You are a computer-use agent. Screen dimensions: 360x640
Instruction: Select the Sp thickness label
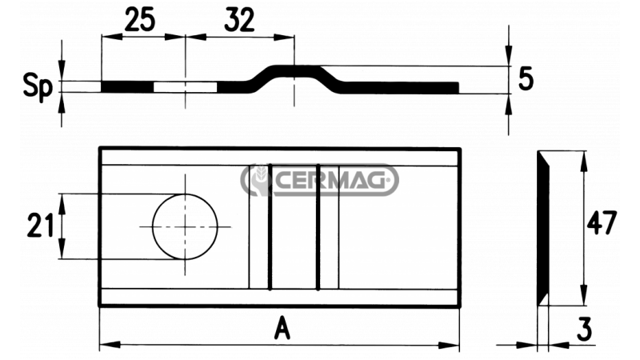[37, 86]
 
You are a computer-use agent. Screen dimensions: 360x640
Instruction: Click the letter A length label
[279, 328]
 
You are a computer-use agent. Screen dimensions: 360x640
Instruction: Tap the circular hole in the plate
[185, 226]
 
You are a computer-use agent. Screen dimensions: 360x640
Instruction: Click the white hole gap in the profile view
[185, 86]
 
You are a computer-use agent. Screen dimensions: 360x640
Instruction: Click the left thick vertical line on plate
[270, 226]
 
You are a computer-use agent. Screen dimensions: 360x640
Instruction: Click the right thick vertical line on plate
[318, 226]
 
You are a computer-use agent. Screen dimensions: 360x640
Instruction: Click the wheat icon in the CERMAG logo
[258, 181]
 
